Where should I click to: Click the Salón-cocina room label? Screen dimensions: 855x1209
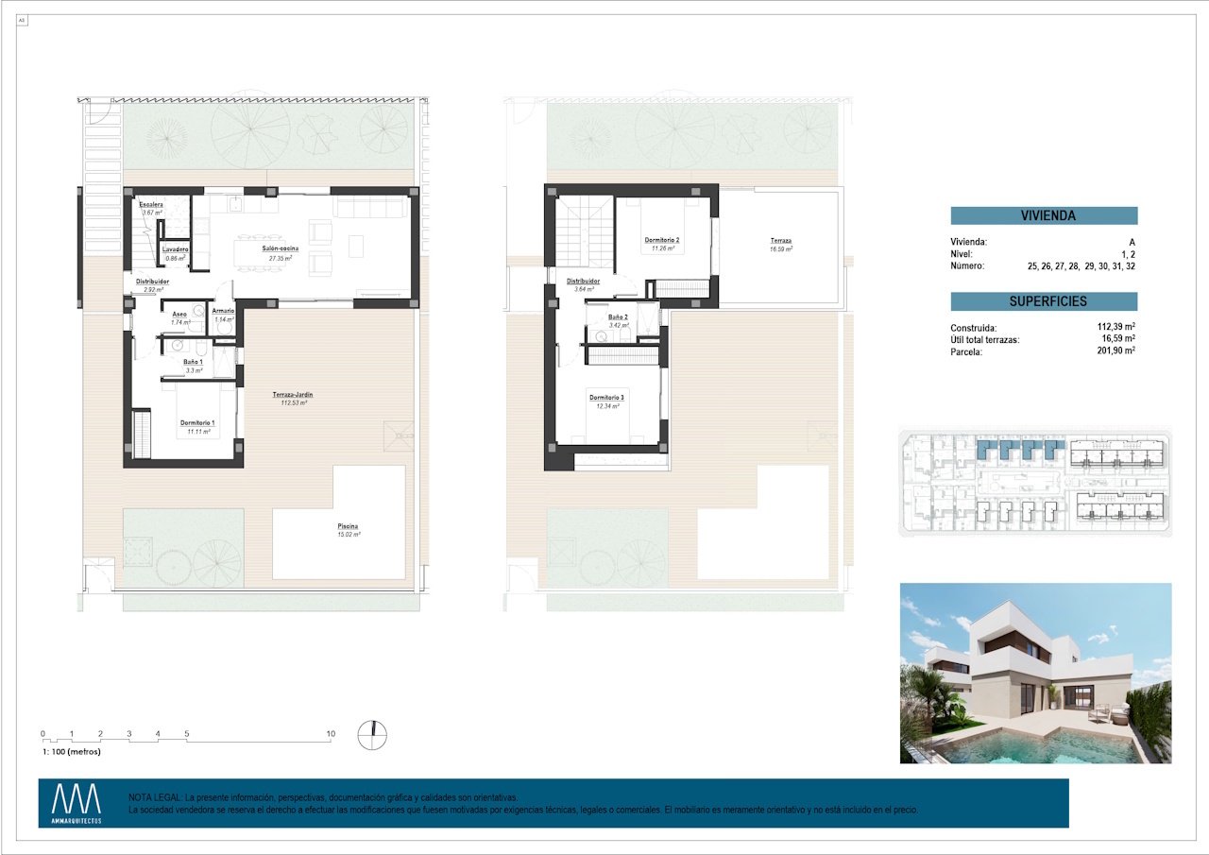pos(281,248)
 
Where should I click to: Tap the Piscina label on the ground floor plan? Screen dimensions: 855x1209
pos(348,526)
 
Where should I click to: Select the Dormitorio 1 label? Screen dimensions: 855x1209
pos(198,422)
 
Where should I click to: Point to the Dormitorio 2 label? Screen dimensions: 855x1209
pos(662,241)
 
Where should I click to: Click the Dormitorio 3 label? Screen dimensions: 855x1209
pos(606,398)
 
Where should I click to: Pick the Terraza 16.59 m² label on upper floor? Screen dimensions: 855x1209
pos(780,241)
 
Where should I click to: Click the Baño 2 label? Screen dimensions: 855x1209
pos(619,317)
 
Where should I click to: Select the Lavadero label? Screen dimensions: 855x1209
pos(176,249)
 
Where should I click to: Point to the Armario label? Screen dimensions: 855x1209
pos(224,311)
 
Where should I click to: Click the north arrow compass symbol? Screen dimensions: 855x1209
pos(373,734)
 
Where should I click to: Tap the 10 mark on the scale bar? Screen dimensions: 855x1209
pos(331,734)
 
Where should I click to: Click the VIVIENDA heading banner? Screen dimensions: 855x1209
pos(1044,215)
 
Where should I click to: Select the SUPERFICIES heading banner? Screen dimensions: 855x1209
pos(1044,301)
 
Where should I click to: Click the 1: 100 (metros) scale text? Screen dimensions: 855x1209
pos(72,752)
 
